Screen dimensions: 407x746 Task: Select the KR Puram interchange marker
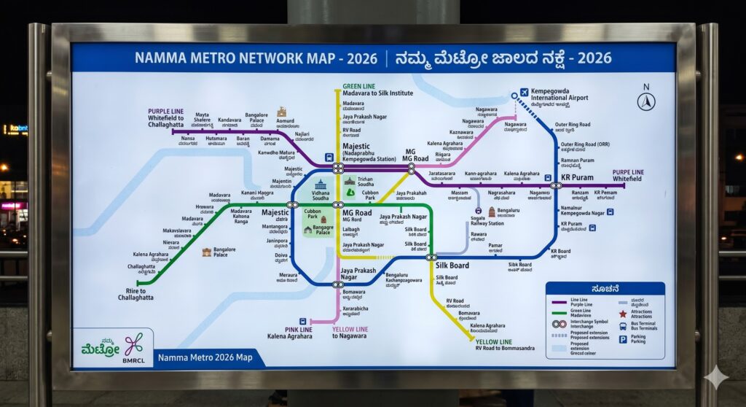coord(556,185)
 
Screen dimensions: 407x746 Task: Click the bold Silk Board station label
coord(452,265)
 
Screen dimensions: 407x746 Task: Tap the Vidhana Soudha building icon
coord(321,185)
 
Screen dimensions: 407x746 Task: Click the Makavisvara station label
coord(177,233)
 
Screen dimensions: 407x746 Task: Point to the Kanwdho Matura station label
coord(276,155)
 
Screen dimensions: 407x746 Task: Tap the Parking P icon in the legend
coord(623,339)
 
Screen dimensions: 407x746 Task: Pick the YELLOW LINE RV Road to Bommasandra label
coord(504,344)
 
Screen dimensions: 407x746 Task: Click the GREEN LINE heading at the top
coord(360,86)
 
